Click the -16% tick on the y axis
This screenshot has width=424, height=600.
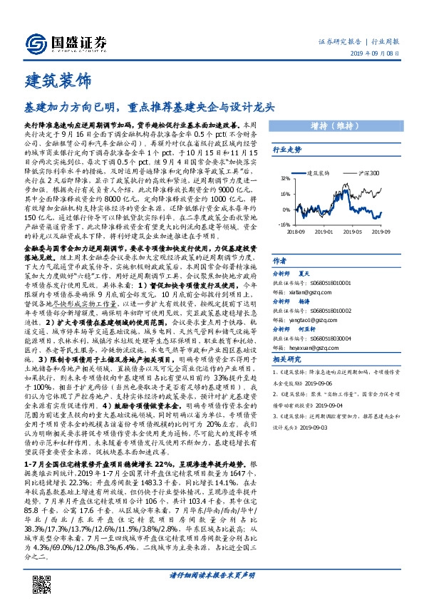coord(284,224)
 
